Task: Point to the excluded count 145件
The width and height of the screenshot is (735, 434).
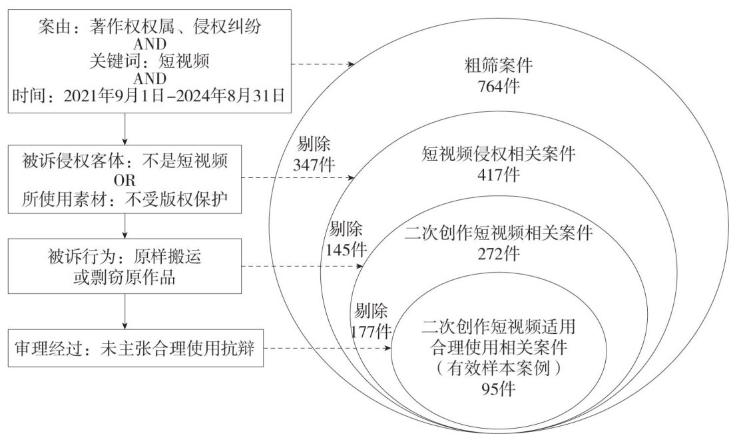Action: click(x=346, y=249)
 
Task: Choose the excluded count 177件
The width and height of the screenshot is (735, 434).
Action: click(x=371, y=329)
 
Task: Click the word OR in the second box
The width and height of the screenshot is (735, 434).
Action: click(x=125, y=181)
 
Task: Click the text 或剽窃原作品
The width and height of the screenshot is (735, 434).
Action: click(x=125, y=277)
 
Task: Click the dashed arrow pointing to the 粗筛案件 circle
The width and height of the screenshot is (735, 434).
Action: click(x=324, y=65)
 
